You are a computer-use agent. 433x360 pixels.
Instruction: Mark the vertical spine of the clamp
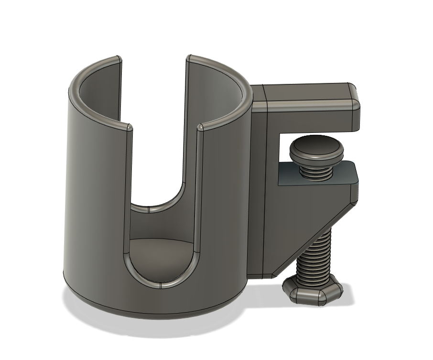tap(258, 191)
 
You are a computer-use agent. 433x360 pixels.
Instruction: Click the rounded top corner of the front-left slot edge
tap(129, 127)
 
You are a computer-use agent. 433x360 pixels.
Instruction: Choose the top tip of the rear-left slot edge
tap(118, 59)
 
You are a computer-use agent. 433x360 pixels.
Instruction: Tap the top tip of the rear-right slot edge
tap(188, 58)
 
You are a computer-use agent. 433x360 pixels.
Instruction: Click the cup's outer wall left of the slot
tap(96, 201)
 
